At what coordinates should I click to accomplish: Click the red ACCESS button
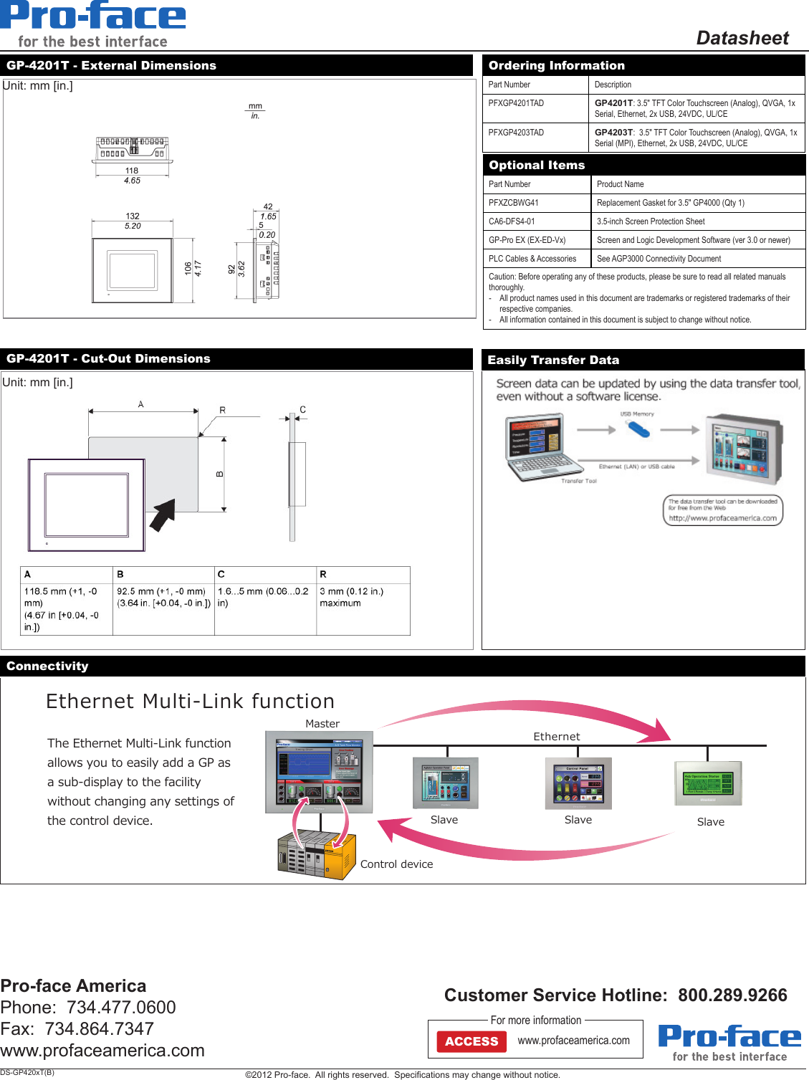471,1041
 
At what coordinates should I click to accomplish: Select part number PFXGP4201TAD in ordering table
516,103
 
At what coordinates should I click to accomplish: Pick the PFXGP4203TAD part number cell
516,133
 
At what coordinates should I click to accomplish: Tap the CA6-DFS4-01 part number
512,221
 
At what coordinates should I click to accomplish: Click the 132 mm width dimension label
133,216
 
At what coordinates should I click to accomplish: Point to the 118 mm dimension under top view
132,171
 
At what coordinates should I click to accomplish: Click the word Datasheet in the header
742,38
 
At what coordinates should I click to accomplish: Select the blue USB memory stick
637,429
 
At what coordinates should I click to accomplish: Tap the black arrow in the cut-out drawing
163,514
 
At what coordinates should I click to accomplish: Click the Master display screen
319,773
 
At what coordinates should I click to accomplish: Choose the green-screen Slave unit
708,783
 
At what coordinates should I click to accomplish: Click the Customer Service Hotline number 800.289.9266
732,995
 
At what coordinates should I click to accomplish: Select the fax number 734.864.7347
99,1028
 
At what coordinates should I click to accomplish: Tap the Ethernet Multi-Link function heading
190,701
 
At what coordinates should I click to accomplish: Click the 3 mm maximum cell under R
351,597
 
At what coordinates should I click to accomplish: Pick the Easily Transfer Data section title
553,360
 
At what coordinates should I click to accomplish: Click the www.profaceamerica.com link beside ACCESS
573,1041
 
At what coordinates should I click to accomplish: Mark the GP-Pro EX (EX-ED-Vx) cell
527,240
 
